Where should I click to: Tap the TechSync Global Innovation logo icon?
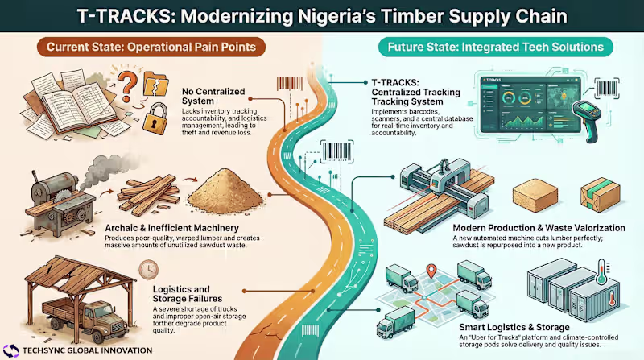(13, 350)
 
